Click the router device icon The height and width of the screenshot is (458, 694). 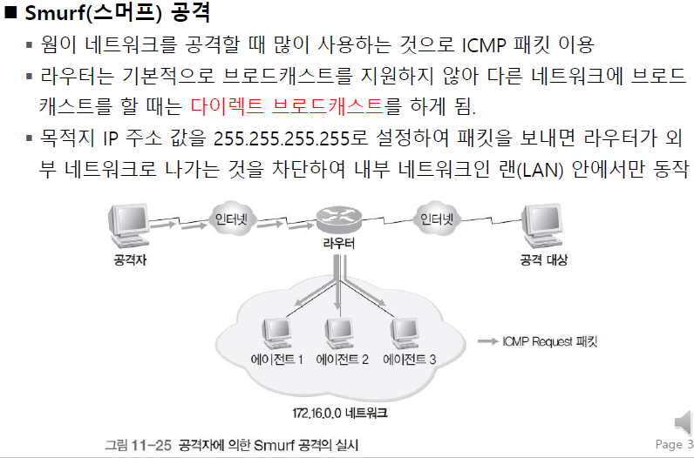click(x=337, y=217)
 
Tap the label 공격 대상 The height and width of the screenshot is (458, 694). click(x=543, y=259)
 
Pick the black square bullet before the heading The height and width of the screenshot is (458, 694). click(x=11, y=15)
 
